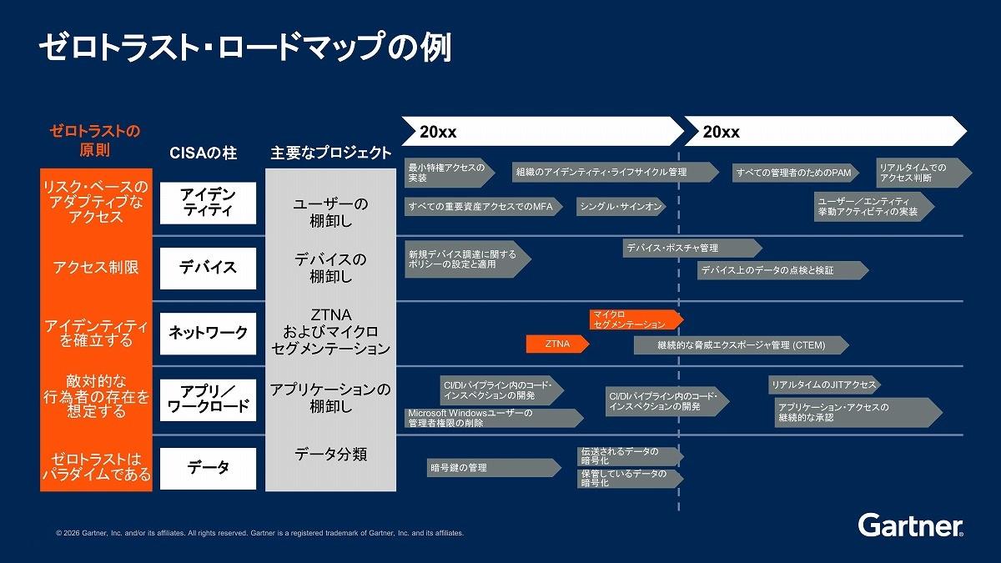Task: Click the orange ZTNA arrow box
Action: [x=558, y=344]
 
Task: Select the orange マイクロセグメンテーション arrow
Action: [x=636, y=319]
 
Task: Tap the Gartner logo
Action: [x=910, y=525]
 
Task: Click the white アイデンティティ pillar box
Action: [x=208, y=203]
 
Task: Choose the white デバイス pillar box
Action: [x=208, y=268]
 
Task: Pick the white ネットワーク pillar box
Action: [x=208, y=334]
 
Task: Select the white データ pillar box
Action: [x=208, y=468]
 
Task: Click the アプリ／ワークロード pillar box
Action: [x=208, y=400]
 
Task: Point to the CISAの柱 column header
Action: [x=204, y=153]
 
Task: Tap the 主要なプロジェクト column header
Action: [x=330, y=153]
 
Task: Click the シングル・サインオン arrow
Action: [x=621, y=207]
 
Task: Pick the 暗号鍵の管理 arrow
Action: [x=494, y=468]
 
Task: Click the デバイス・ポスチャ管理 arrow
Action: [x=692, y=248]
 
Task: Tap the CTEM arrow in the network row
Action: [x=742, y=345]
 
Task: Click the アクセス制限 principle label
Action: [x=96, y=267]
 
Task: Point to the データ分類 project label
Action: [x=330, y=455]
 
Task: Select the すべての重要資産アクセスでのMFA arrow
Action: [x=484, y=207]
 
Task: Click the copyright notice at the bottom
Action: [x=260, y=533]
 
